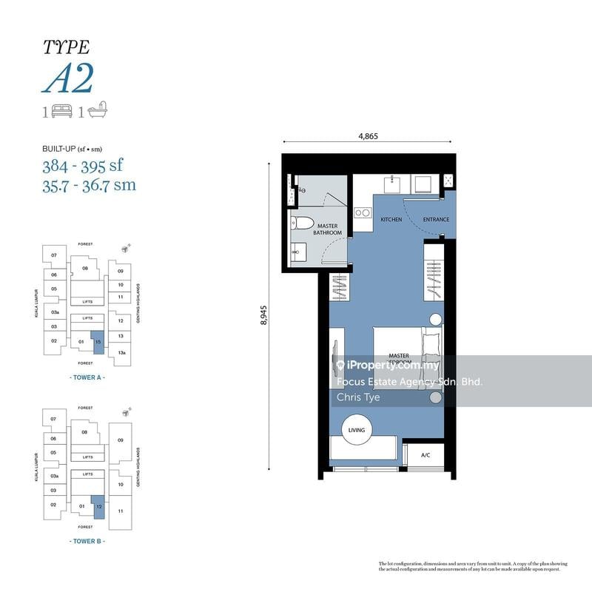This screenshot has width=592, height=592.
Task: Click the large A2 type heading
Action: (x=68, y=80)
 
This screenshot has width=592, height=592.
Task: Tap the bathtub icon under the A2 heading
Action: (x=98, y=112)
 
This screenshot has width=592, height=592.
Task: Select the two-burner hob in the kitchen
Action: (x=363, y=213)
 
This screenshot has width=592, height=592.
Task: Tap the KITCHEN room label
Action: (x=391, y=220)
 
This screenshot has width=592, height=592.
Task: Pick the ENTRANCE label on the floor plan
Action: (x=435, y=220)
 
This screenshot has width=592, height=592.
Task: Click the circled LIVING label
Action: (x=357, y=430)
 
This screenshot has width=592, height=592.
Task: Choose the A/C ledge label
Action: (x=425, y=456)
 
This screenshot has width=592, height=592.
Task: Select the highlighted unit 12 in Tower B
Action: (x=98, y=507)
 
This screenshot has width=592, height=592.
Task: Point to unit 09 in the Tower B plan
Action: (x=120, y=440)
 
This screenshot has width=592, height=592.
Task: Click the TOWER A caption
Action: (x=87, y=377)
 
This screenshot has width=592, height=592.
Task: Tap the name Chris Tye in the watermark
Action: (x=358, y=397)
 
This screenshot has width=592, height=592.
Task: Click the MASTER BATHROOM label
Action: (x=328, y=229)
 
